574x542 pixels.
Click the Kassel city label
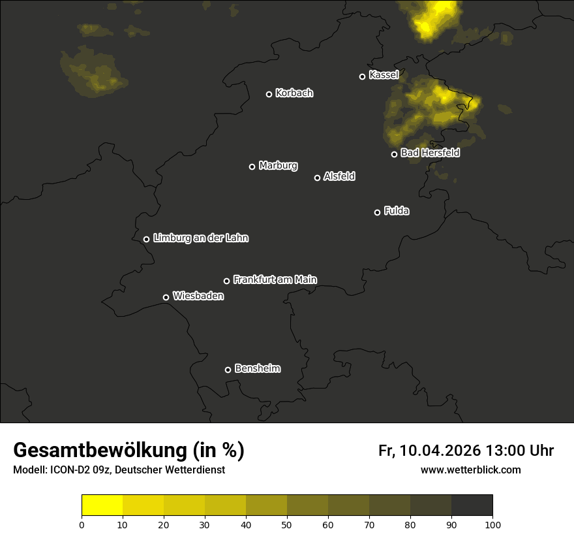point(384,75)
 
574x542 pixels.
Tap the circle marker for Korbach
point(269,94)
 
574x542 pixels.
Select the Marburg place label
point(278,166)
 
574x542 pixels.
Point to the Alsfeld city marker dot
point(318,178)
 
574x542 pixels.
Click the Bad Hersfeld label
point(430,153)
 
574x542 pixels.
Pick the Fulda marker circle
point(377,212)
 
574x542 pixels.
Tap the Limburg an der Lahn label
point(200,238)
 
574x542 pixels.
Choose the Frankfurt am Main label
point(275,279)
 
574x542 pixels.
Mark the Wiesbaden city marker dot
point(166,297)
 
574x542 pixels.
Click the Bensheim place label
point(257,368)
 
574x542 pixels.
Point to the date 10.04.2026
point(440,451)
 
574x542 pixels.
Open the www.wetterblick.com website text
point(470,470)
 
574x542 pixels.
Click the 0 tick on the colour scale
point(82,524)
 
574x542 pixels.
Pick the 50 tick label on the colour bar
point(287,524)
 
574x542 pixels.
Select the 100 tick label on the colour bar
point(492,524)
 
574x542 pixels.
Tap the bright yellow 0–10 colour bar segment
point(102,505)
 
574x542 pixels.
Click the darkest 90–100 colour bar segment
point(472,505)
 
